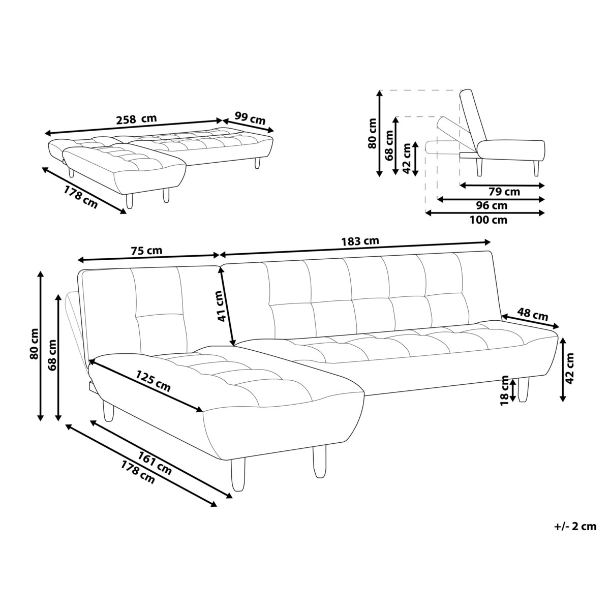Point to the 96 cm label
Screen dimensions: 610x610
tap(491, 205)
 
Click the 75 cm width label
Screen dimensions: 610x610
tap(146, 250)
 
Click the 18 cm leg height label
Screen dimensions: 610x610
tap(505, 390)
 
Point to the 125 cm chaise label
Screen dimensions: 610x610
tap(153, 380)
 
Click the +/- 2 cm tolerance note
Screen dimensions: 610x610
tap(574, 526)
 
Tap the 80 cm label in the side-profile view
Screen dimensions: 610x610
tap(372, 133)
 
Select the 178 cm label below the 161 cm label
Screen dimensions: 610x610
tap(138, 472)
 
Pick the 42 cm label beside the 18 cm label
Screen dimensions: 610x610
tap(570, 368)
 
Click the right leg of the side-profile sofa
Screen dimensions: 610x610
tap(536, 167)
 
